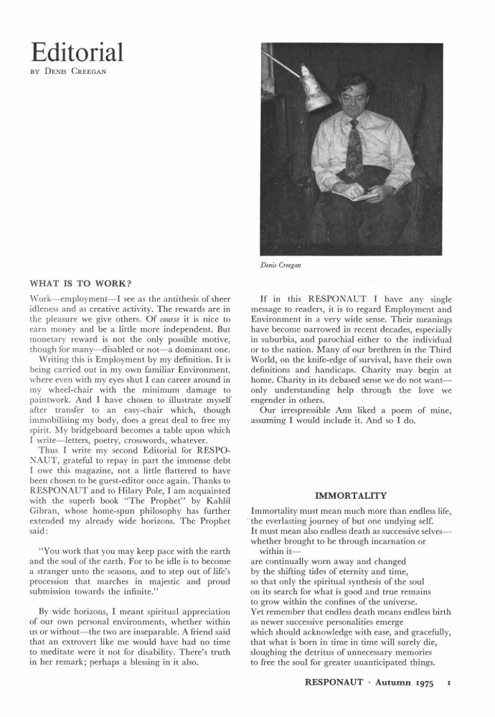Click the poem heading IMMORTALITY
(x=351, y=495)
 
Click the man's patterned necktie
(x=354, y=151)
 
